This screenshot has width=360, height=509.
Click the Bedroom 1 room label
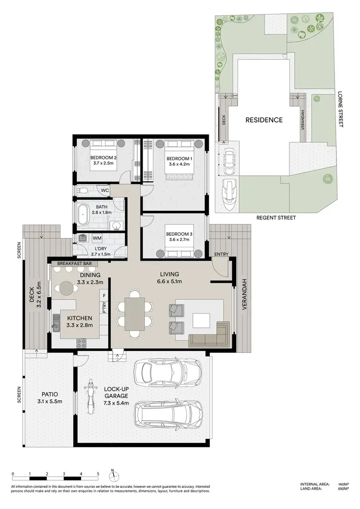tap(179, 158)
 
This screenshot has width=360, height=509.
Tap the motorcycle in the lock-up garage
tap(89, 397)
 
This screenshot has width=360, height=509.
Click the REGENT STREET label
tap(276, 218)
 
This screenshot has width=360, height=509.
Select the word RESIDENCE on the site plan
tap(264, 120)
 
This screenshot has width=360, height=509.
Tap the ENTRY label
tap(222, 254)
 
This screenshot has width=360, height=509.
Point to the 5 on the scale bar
tap(98, 473)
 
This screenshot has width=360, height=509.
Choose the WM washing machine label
tap(96, 238)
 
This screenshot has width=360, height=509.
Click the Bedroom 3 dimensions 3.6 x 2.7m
tap(179, 241)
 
